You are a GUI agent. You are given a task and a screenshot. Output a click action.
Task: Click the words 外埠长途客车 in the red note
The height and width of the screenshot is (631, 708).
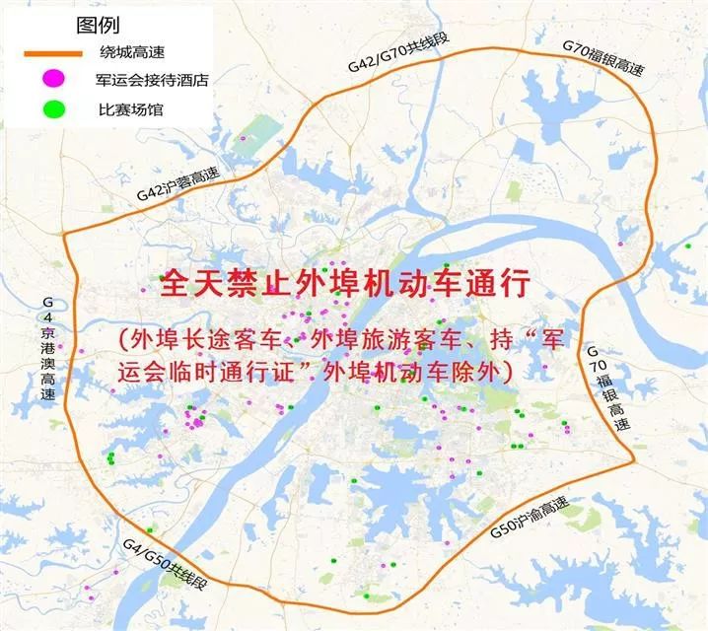pos(202,340)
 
